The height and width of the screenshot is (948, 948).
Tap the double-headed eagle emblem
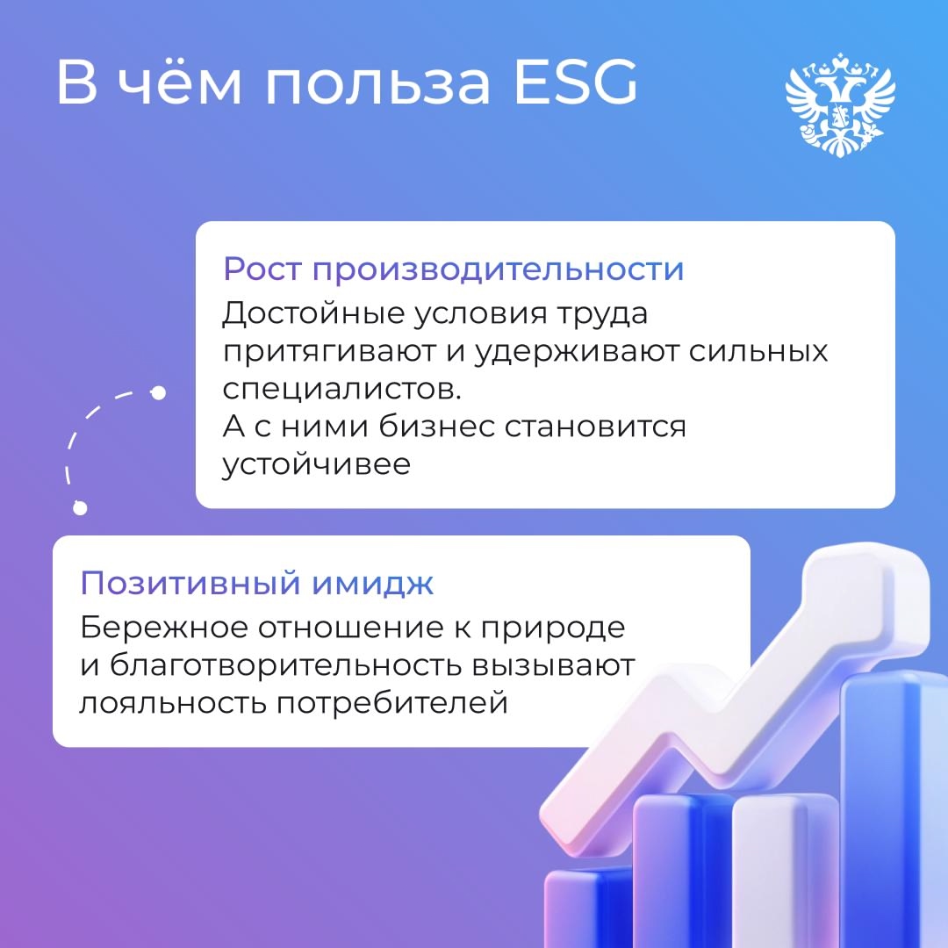(x=839, y=103)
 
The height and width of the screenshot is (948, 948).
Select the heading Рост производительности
(x=453, y=269)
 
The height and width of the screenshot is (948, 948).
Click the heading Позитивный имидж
(x=256, y=583)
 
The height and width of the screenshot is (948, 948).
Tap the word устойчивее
(x=316, y=464)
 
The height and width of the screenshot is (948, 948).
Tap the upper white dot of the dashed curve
(x=158, y=392)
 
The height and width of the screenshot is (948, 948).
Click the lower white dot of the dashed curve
(x=80, y=507)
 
